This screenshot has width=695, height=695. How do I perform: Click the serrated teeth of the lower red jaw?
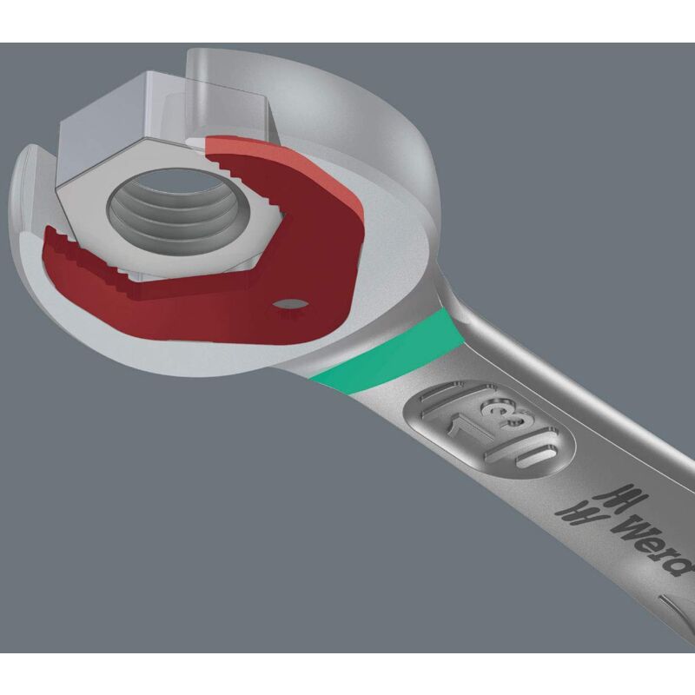89,257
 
